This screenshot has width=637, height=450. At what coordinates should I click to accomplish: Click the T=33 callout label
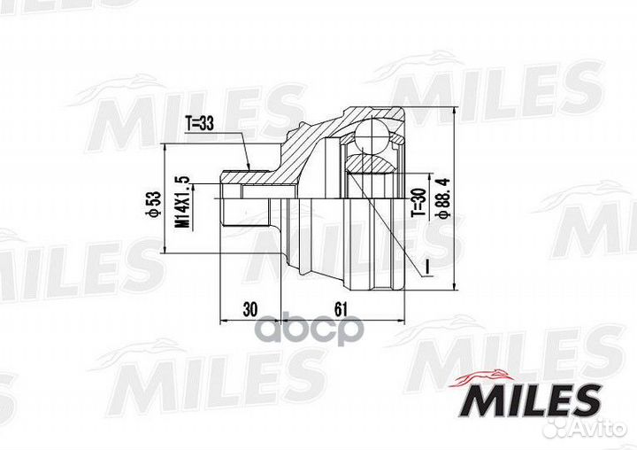pyautogui.click(x=199, y=123)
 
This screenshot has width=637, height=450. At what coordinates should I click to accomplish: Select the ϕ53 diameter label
pyautogui.click(x=155, y=204)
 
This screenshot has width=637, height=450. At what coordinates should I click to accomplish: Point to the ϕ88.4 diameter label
pyautogui.click(x=441, y=198)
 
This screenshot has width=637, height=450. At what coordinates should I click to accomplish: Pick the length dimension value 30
pyautogui.click(x=249, y=310)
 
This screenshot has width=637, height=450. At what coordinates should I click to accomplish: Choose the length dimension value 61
pyautogui.click(x=342, y=310)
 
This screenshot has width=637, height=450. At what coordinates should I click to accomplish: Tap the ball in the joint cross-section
pyautogui.click(x=372, y=134)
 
